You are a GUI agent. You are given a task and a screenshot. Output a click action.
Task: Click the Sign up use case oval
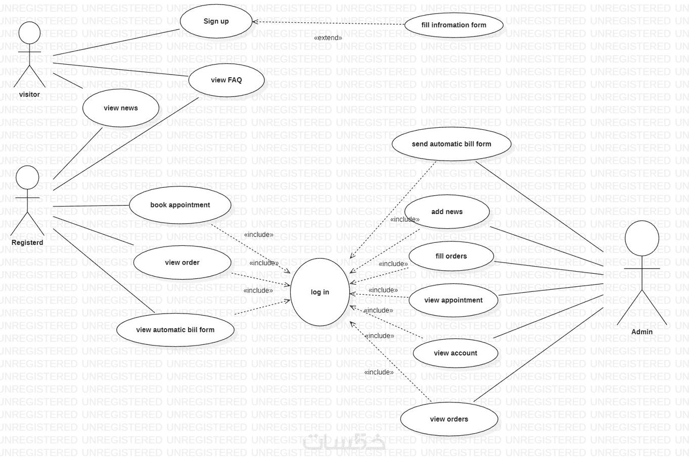216,21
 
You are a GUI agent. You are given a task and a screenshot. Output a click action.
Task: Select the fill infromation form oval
453,25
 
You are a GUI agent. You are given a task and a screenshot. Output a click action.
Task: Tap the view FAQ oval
226,80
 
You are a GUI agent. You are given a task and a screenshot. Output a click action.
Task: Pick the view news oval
120,108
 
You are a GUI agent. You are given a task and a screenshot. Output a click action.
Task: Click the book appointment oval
180,205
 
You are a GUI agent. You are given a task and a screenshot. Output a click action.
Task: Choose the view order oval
182,263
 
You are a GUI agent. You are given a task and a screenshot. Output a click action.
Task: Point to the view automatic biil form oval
175,330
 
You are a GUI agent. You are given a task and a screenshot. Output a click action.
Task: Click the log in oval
319,292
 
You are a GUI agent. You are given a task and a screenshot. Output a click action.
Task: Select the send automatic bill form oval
451,144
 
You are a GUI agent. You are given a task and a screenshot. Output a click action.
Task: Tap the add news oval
447,212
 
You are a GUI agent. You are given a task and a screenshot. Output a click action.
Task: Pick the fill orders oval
451,256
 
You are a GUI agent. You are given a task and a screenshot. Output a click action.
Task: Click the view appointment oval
453,300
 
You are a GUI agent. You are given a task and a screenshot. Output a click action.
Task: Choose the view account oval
455,353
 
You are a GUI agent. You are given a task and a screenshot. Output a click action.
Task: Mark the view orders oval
449,419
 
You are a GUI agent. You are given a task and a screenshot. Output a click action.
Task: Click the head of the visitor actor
29,33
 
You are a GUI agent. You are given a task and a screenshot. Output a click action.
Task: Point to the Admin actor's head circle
642,238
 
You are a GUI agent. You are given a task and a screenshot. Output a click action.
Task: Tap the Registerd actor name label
27,242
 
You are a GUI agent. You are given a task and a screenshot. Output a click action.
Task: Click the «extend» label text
328,38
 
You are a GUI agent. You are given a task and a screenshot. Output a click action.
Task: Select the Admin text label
642,332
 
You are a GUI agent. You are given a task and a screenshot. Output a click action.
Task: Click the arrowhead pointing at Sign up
255,22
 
